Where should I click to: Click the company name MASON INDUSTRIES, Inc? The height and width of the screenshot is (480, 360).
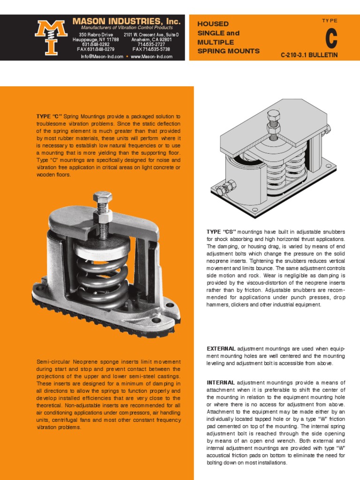tap(126, 22)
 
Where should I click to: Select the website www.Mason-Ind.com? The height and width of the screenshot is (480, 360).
tap(151, 57)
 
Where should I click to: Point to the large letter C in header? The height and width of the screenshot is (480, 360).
tap(331, 39)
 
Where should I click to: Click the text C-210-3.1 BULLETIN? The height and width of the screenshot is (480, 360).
tap(309, 55)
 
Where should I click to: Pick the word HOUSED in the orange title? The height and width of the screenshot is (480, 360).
tap(213, 23)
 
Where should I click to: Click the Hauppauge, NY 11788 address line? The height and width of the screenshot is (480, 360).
tap(96, 40)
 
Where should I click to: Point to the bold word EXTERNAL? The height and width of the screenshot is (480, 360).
tap(221, 349)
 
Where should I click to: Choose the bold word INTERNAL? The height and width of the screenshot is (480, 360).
tap(220, 382)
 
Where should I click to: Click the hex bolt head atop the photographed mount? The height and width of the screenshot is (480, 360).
tap(102, 197)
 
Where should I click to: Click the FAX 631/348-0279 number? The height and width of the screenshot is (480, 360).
tap(96, 49)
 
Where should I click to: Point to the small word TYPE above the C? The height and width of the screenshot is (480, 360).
tap(330, 21)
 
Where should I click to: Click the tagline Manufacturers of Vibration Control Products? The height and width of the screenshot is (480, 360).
tap(126, 28)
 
